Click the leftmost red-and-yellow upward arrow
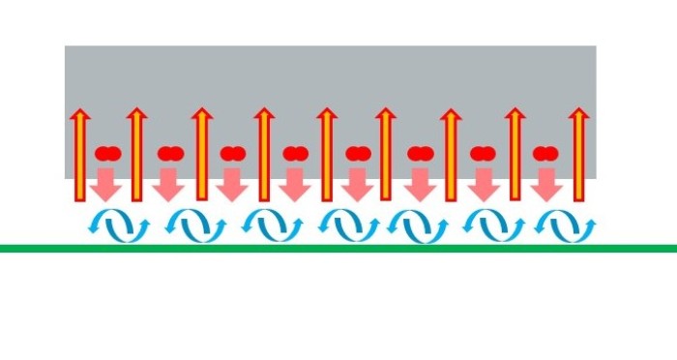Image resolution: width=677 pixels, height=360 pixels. coord(80,155)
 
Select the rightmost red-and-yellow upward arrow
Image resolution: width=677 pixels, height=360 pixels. coord(578,155)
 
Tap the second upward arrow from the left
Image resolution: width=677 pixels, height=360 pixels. coord(137,155)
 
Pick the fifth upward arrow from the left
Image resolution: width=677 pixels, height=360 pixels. coord(327,155)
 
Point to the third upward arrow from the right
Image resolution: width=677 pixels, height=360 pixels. coord(451,155)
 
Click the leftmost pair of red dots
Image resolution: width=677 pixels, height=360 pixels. coord(107,153)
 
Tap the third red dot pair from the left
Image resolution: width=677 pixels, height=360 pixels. coord(232,153)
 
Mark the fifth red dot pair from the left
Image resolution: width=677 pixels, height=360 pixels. coord(358,153)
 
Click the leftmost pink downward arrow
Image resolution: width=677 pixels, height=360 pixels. coord(107,183)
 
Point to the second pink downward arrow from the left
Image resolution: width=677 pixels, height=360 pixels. coord(169,183)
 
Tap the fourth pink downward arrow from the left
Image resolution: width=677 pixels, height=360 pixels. coord(295,183)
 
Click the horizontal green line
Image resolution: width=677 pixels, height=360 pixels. coord(338,249)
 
